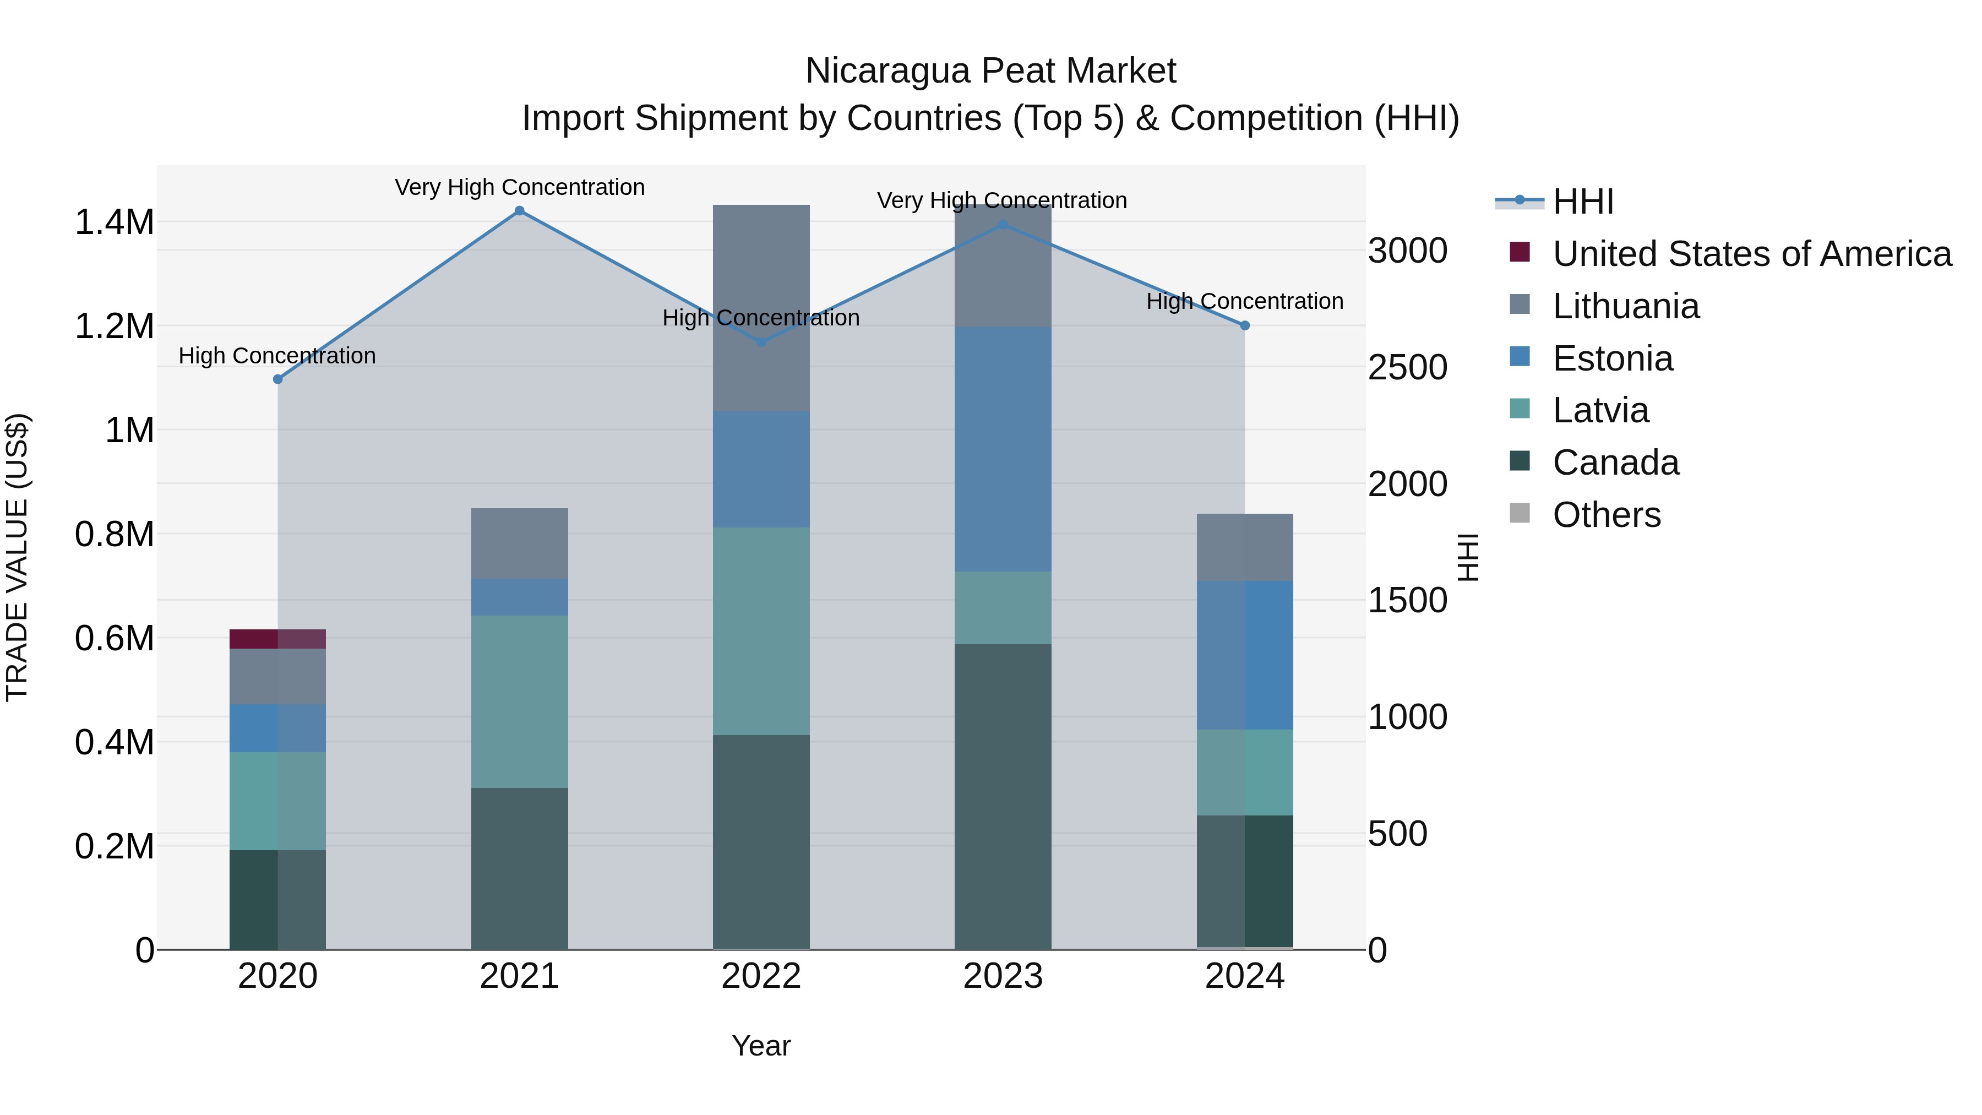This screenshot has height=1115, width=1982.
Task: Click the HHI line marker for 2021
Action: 519,211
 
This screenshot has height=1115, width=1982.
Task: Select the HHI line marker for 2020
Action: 278,379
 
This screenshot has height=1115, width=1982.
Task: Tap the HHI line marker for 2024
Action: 1245,325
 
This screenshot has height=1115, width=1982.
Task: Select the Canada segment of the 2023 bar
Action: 1003,796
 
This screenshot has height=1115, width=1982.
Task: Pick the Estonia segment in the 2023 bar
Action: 1003,449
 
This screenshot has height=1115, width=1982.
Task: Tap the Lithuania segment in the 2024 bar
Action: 1245,547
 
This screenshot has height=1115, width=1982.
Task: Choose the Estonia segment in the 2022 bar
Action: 761,469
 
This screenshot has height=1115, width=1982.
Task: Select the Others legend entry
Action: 1606,515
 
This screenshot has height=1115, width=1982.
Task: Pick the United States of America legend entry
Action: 1751,254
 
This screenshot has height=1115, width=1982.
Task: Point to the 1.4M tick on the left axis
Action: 114,222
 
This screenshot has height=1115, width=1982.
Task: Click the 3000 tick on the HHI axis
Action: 1407,251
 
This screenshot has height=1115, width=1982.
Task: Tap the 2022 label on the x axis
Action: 761,976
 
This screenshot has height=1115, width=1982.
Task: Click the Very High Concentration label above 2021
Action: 519,188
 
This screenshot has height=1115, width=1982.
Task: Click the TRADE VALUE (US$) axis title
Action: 17,557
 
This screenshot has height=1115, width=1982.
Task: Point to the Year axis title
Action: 761,1046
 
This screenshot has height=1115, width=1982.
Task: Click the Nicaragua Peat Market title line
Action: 990,71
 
